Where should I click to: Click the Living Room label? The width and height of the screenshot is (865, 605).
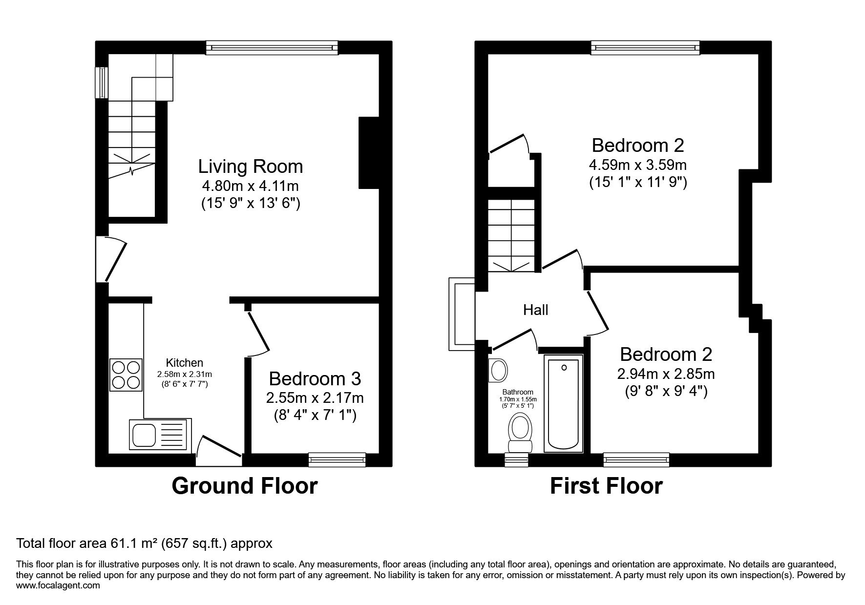(x=250, y=167)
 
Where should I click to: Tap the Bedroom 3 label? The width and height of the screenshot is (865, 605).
(x=315, y=378)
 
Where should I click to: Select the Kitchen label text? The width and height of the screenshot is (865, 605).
(x=184, y=363)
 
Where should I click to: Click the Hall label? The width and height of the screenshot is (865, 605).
(x=536, y=310)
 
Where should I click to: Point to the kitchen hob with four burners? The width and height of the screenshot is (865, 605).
(x=127, y=375)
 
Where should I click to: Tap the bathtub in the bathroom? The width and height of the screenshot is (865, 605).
(x=563, y=403)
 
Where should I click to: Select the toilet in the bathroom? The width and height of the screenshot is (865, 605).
(x=520, y=432)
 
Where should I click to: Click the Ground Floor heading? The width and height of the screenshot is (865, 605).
(x=245, y=486)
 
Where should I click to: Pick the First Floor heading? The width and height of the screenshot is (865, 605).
(x=606, y=486)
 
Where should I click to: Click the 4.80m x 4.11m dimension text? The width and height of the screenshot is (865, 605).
(x=250, y=186)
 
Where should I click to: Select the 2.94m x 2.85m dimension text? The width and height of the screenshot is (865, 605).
(x=666, y=374)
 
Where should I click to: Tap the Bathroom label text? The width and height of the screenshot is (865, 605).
(x=518, y=392)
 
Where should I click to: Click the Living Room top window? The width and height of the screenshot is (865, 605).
(x=272, y=47)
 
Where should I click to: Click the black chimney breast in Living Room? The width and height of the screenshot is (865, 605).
(x=369, y=152)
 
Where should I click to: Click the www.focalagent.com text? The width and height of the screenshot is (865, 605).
(x=58, y=585)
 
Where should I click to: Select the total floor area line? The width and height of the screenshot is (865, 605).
(x=144, y=543)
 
